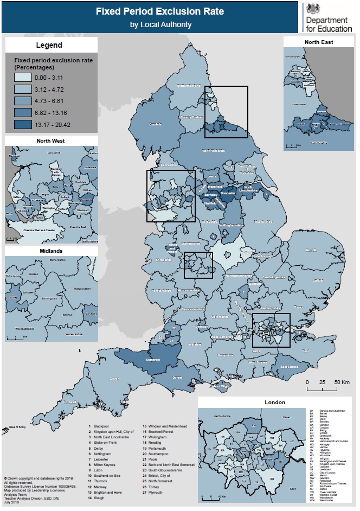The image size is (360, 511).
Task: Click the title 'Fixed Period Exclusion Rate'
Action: [x=152, y=11]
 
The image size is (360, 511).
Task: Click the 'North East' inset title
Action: [x=319, y=42]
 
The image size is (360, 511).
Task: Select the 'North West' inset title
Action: [x=51, y=141]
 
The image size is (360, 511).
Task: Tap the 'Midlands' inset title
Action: [x=51, y=251]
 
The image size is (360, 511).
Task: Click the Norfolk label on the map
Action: [x=311, y=251]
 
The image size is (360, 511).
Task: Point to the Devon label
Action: [x=114, y=378]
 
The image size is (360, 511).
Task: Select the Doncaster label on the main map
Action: [x=227, y=194]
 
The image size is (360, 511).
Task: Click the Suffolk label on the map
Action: [x=318, y=281]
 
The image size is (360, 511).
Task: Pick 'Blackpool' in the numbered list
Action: [x=102, y=427]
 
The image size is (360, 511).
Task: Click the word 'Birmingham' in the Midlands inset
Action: [x=50, y=298]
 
